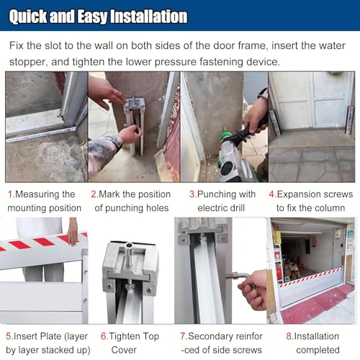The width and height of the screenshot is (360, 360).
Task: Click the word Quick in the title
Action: [x=28, y=17]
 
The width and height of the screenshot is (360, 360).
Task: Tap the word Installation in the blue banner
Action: [x=149, y=17]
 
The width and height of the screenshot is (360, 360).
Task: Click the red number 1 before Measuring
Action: [x=10, y=194]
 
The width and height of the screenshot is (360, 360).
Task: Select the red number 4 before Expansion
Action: [x=272, y=194]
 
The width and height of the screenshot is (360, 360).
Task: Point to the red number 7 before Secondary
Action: [x=183, y=336]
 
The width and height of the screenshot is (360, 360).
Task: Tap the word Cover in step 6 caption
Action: [x=124, y=350]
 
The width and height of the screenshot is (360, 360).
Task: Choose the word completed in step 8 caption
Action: [x=318, y=350]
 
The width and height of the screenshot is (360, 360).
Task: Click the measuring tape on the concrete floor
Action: [x=41, y=135]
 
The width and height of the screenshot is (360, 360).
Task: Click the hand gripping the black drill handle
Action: [x=256, y=115]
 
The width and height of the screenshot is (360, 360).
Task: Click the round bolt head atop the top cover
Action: [x=129, y=246]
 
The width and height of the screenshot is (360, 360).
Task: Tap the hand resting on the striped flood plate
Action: [x=72, y=232]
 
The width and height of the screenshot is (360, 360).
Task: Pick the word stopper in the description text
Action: [x=27, y=62]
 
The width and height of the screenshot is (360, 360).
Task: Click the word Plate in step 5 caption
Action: [x=47, y=336]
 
